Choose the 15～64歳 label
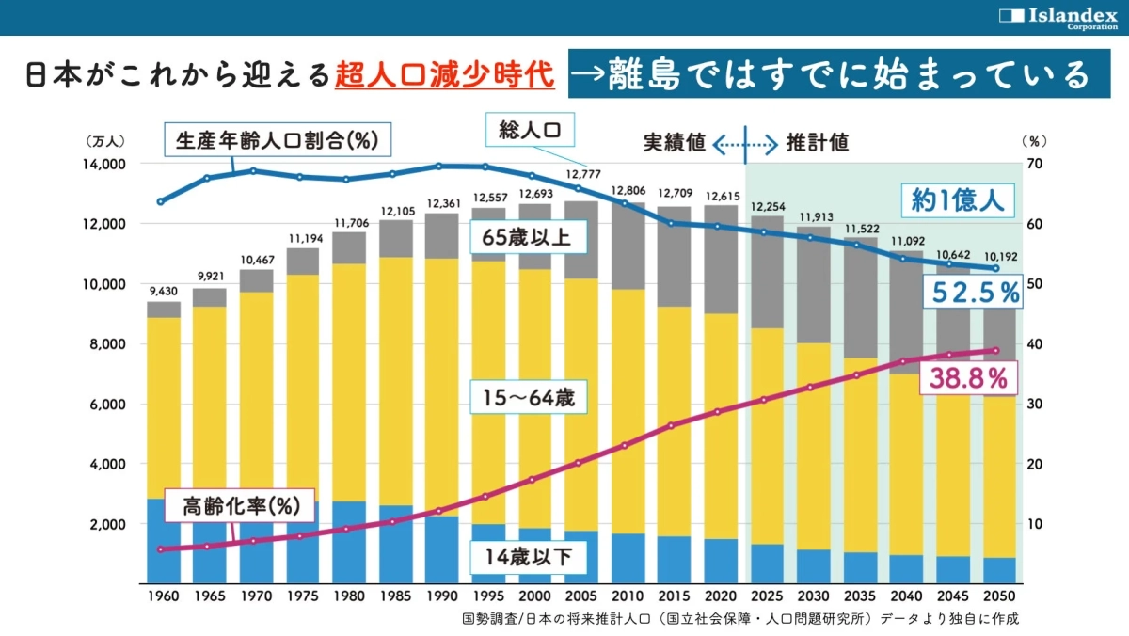(529, 397)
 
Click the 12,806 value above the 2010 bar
(625, 192)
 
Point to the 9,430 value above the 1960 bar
(164, 292)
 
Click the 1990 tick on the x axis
(440, 596)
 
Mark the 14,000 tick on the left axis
(105, 164)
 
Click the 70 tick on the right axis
(1036, 164)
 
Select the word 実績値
(675, 143)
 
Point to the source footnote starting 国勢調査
(740, 619)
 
